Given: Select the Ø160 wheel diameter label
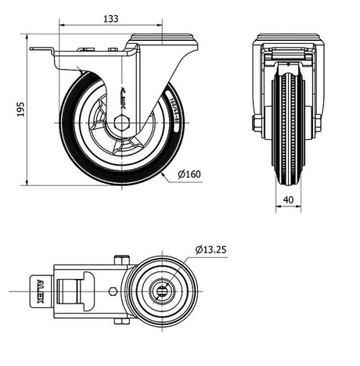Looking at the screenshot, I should [x=189, y=174].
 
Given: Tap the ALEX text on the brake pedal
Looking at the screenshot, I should [x=40, y=291].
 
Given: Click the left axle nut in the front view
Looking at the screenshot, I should [x=257, y=123].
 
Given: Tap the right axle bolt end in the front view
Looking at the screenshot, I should [x=318, y=123].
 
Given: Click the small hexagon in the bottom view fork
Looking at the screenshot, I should [x=112, y=291].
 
